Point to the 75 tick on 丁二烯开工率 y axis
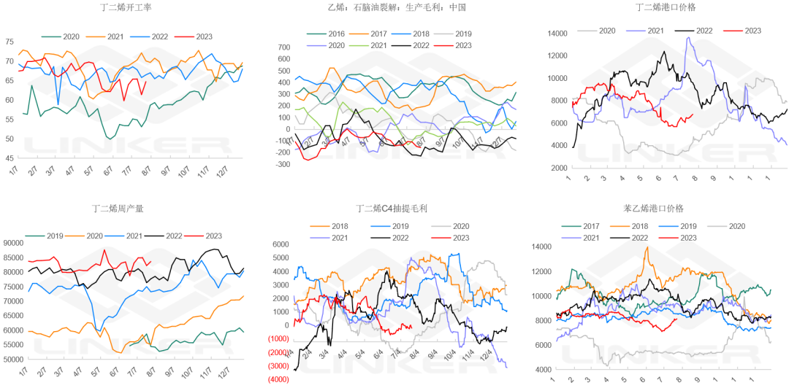[9, 42]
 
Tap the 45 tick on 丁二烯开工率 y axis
[9, 158]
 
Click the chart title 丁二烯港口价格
[665, 7]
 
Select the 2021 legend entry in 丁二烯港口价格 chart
[649, 31]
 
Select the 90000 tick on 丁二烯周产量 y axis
[14, 243]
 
